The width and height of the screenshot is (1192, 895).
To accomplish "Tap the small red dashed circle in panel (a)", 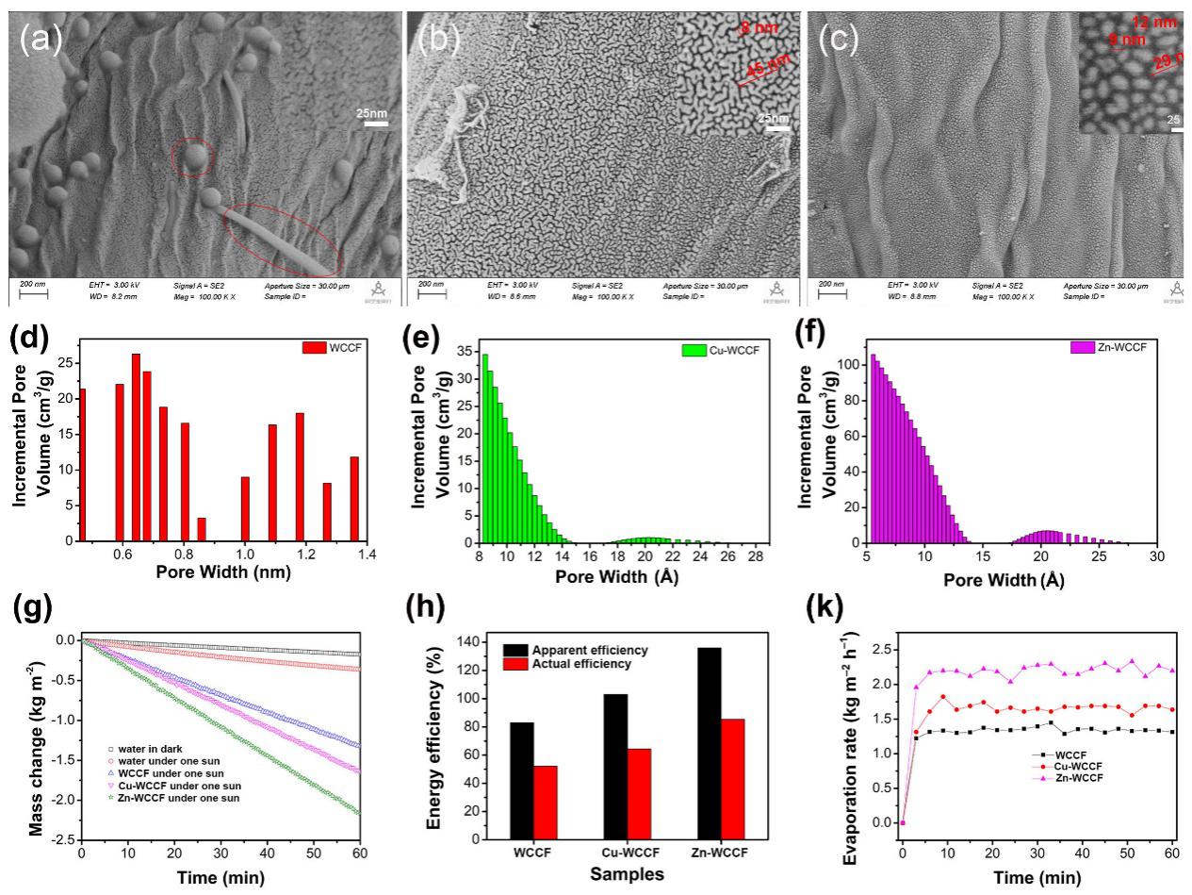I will click(194, 157).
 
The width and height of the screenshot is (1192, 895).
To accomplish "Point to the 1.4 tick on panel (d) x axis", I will click(367, 556).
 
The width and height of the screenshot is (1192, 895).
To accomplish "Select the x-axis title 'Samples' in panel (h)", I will click(628, 874).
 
